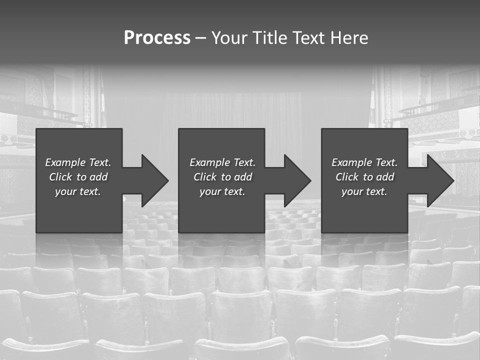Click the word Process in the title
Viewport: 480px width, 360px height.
(157, 38)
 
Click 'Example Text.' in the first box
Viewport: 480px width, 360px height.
(78, 162)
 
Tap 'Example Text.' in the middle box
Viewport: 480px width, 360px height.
(222, 162)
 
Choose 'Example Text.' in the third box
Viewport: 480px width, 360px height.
(364, 162)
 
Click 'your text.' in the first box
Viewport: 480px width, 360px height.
(78, 191)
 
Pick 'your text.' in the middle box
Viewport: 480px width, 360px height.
(222, 191)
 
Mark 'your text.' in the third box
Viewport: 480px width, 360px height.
(364, 191)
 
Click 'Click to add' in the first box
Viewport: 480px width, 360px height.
(78, 177)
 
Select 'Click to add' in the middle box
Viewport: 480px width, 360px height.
(222, 177)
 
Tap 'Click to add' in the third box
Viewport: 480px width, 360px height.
(364, 177)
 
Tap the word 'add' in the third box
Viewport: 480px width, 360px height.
(385, 177)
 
